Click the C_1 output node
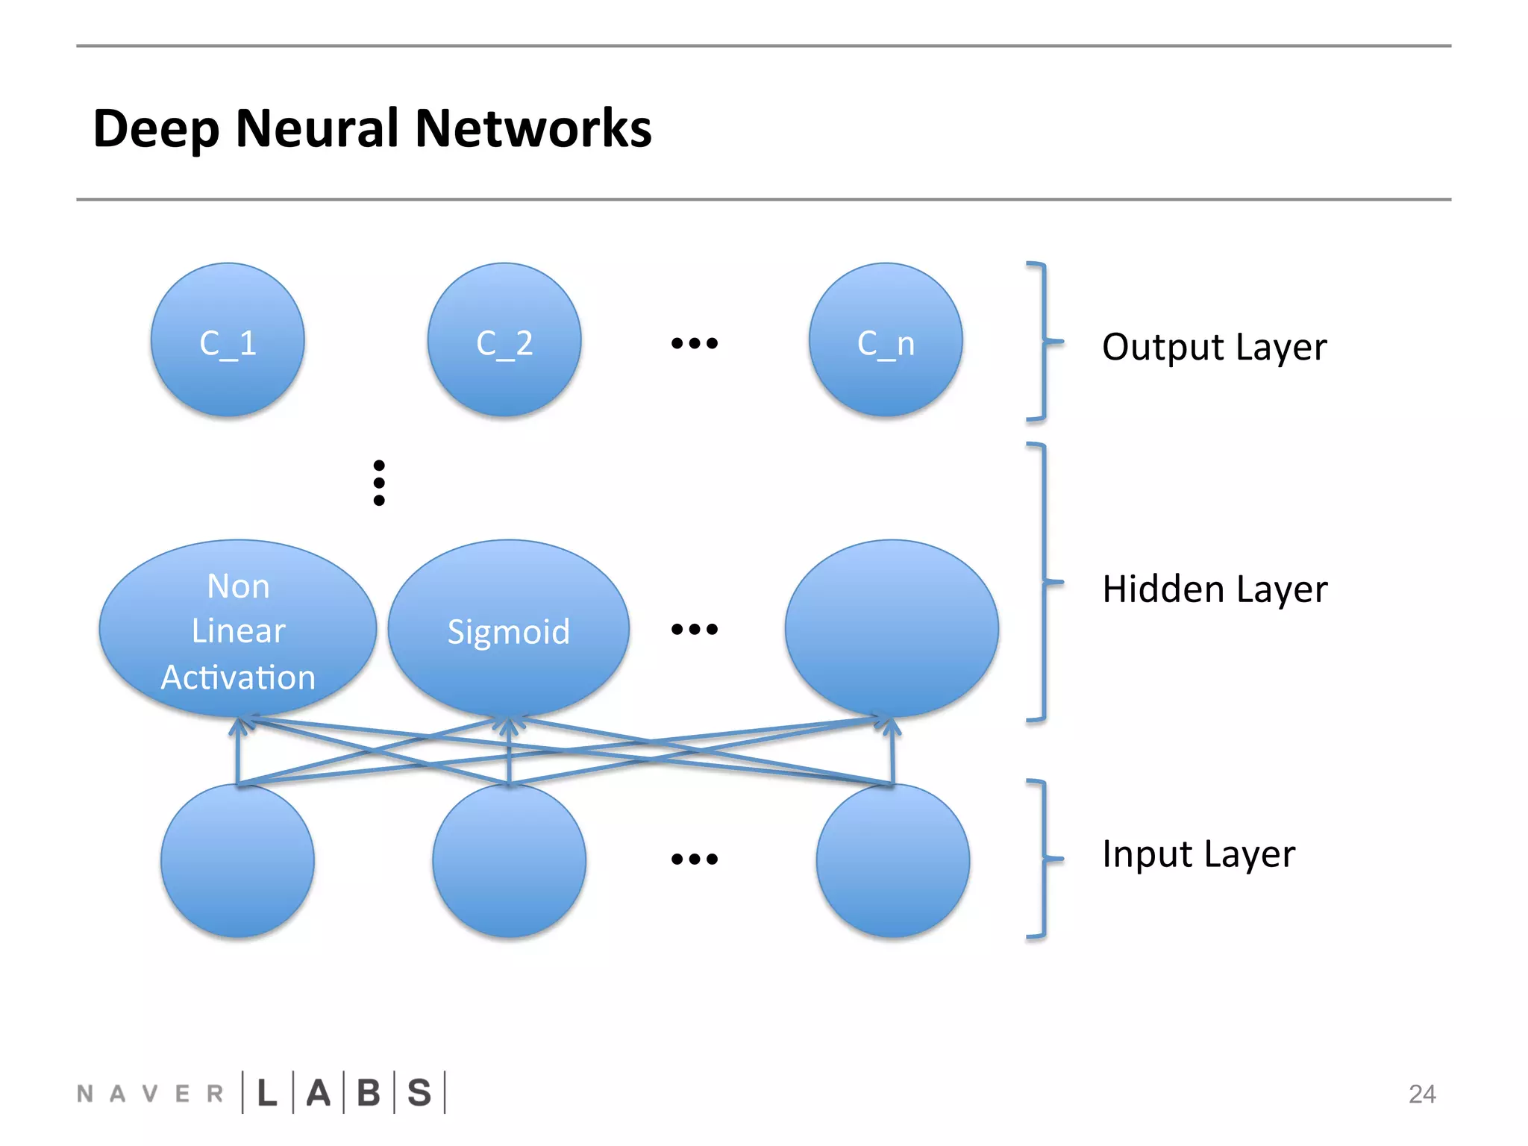coord(228,341)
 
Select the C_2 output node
coord(504,341)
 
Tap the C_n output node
coord(886,341)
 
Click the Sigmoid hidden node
coord(508,630)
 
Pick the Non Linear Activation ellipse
coord(238,630)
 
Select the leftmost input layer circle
coord(237,860)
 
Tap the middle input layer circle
coord(509,860)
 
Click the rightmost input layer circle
coord(892,860)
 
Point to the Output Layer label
coord(1214,348)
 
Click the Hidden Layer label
coord(1215,589)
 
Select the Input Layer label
coord(1198,854)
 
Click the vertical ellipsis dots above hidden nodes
coord(379,483)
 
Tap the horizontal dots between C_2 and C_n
coord(694,343)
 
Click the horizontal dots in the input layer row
coord(694,859)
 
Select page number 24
coord(1421,1094)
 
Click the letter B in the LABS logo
coord(369,1093)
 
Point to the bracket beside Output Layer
coord(1042,342)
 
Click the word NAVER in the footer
coord(150,1094)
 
